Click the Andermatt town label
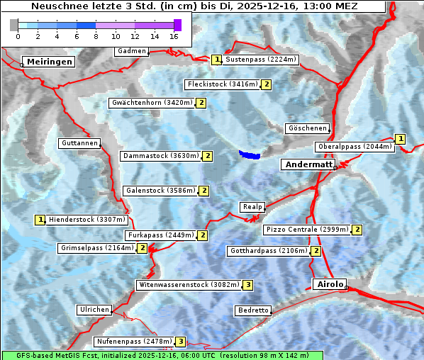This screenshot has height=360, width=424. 308,164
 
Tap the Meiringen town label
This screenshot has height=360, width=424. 49,62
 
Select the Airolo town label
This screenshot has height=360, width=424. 330,284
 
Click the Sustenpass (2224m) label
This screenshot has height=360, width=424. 261,60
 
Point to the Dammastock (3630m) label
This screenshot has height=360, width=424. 161,156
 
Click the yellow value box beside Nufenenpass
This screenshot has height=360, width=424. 181,342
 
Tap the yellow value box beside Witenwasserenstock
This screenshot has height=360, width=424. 247,285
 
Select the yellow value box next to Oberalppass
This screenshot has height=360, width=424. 401,139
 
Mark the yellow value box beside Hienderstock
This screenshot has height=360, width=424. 40,220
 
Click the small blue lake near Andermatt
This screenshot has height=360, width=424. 250,154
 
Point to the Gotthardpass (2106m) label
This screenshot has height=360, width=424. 268,251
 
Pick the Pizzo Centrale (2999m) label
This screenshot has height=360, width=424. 307,230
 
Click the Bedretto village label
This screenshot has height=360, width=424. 253,310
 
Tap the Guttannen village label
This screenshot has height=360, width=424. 79,143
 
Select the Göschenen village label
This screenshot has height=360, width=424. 307,128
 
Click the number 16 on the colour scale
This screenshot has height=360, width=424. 174,35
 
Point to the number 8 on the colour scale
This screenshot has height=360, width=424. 96,35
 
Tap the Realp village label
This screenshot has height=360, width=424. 252,207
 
